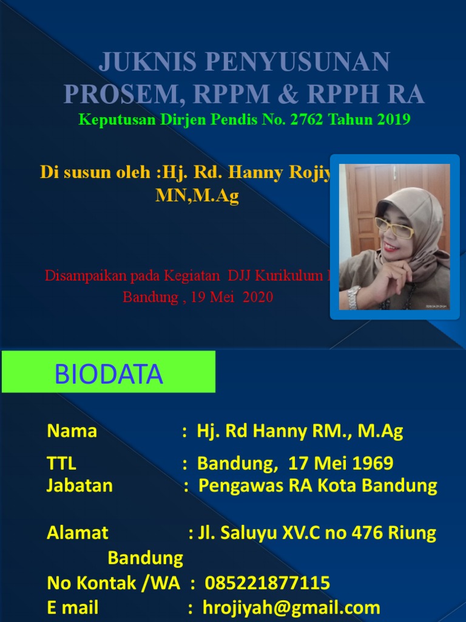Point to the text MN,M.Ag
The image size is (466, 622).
(198, 196)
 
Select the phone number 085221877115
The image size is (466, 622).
(268, 584)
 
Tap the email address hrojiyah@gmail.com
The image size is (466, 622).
(291, 608)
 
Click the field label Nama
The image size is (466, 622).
(72, 432)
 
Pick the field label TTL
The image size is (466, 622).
(61, 464)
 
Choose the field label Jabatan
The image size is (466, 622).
(79, 486)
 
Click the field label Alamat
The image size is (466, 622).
(77, 533)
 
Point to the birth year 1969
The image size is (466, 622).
(372, 464)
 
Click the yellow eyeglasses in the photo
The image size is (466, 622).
(394, 227)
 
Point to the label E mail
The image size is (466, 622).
(73, 608)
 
